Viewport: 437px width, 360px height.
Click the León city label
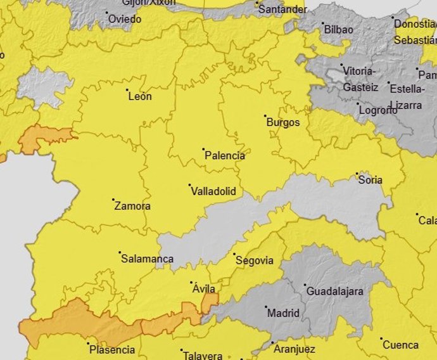[140, 97]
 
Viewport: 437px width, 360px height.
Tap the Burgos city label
[282, 122]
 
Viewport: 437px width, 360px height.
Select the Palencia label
[225, 155]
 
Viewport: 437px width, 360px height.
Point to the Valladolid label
[213, 191]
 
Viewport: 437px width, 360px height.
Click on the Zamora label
[132, 206]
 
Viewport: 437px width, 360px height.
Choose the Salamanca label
[147, 259]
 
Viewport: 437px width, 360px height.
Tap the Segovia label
[254, 260]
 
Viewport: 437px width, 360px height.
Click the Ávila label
[203, 289]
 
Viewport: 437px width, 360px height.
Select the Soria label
[370, 180]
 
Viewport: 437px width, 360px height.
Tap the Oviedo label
[125, 19]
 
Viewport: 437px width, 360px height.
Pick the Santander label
[282, 11]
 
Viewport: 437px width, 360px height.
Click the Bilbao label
[338, 29]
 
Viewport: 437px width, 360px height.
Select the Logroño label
[378, 110]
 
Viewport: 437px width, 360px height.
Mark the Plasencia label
[112, 349]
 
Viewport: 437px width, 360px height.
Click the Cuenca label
[400, 345]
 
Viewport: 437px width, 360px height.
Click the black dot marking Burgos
[265, 116]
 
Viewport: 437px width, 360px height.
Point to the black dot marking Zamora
[113, 200]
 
